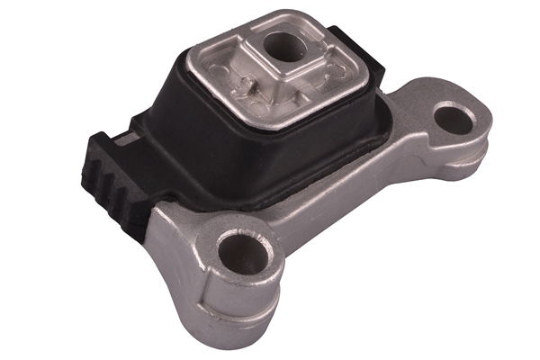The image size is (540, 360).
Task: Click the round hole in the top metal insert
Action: click(x=287, y=46)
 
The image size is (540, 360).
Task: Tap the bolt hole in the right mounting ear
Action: click(x=457, y=119)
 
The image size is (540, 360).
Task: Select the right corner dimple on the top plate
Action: click(x=343, y=64)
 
